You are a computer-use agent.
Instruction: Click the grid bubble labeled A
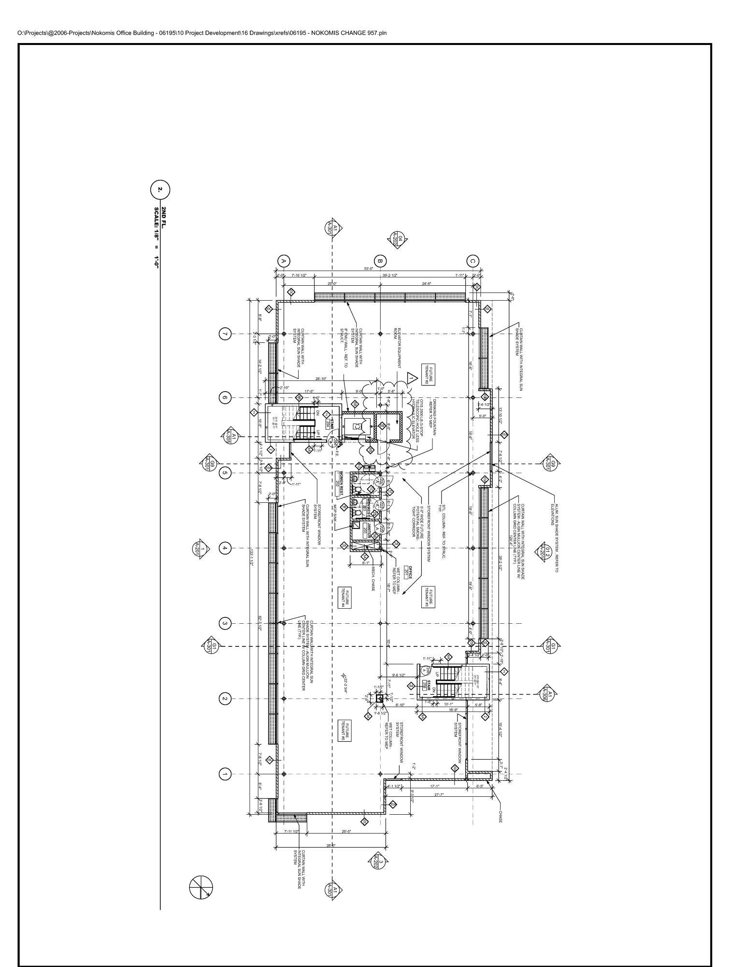[x=284, y=261]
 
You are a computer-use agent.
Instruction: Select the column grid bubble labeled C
[x=473, y=261]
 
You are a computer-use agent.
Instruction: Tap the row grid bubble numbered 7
[x=224, y=334]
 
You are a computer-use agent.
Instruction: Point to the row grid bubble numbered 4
[x=224, y=548]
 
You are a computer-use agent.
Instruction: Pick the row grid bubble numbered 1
[x=224, y=774]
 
